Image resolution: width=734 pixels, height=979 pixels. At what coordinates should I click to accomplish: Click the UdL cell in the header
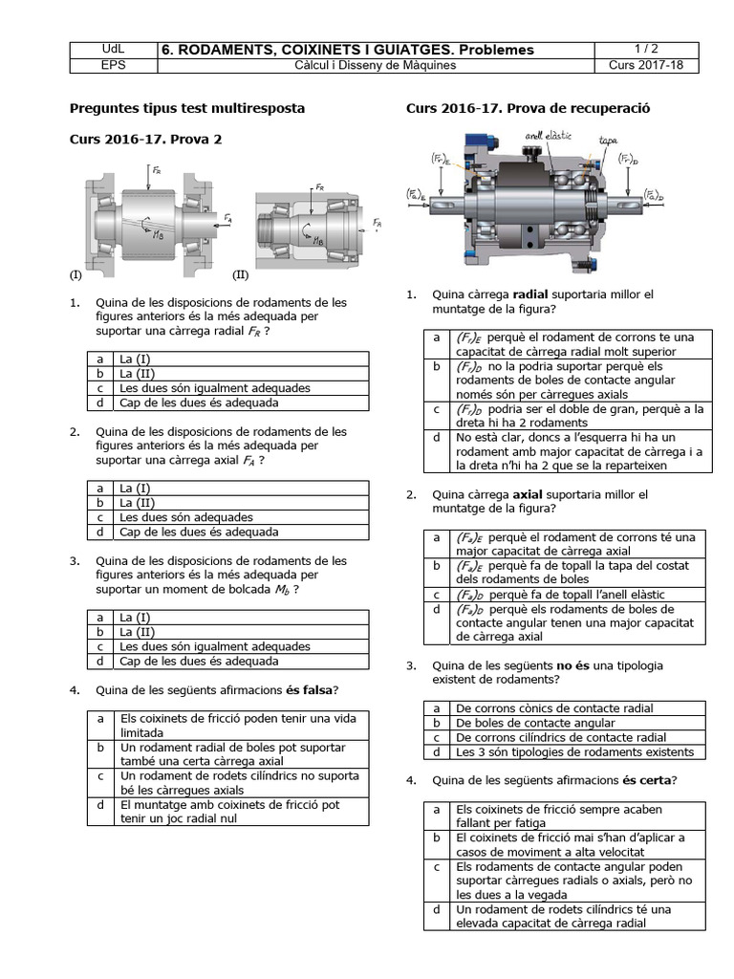112,49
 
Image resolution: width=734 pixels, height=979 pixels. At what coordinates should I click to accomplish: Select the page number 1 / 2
646,49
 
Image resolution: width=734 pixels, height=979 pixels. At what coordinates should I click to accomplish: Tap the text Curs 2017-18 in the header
646,66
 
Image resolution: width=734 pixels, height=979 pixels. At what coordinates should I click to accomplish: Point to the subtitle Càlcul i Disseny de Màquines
375,66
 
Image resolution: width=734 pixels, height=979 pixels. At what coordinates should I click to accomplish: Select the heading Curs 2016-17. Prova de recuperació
528,109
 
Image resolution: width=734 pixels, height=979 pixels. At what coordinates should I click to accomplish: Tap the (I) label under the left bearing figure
76,274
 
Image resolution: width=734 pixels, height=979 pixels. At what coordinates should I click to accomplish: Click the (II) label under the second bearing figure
240,274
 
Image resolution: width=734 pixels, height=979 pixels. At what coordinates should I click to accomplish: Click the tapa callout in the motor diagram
608,141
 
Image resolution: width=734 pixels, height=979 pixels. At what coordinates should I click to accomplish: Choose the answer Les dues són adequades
186,517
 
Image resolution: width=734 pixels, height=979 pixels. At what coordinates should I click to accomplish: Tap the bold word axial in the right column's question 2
529,495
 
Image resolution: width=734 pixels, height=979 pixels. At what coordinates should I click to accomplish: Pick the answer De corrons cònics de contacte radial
554,708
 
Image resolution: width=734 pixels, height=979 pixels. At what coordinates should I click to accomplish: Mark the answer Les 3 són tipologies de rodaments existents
574,751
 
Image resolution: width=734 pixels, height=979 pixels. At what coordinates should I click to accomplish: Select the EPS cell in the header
112,66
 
